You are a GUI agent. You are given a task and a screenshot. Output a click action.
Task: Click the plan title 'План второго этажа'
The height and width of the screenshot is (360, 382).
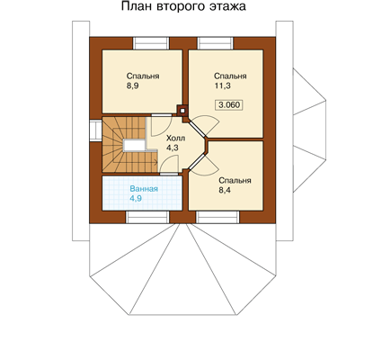point(183,7)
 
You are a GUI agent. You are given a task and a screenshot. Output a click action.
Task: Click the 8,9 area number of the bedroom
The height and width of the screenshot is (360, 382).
point(132,86)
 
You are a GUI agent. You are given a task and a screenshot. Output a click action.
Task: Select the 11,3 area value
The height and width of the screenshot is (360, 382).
point(222,86)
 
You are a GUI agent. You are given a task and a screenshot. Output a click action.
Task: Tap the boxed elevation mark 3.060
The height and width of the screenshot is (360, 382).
point(229,105)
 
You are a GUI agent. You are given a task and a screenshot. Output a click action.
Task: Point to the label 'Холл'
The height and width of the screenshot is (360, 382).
point(175,139)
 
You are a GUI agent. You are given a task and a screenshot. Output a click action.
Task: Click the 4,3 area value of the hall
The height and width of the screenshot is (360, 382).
point(173,148)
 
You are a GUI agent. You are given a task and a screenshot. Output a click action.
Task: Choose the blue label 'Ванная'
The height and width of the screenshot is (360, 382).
point(144,189)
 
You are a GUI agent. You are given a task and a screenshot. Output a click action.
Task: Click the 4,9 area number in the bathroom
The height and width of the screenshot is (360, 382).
point(136,198)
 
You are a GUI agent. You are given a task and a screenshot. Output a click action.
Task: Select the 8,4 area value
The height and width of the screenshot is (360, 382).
point(225,190)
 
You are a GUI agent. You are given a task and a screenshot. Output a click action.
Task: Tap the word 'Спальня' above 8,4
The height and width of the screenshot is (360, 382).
point(235,181)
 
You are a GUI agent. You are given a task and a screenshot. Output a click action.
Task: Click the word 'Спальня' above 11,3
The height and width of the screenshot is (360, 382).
point(230,76)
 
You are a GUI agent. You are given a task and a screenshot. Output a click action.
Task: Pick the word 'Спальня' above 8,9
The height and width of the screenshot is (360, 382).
point(143,76)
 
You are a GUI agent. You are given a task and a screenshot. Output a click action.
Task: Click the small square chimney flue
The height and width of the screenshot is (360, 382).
point(182,111)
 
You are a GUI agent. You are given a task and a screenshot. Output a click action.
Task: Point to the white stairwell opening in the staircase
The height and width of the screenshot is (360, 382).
point(134,146)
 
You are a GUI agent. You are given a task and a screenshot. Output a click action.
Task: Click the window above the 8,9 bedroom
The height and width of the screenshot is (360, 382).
point(151,43)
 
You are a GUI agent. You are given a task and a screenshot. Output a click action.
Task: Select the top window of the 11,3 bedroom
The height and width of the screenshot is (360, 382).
point(215,43)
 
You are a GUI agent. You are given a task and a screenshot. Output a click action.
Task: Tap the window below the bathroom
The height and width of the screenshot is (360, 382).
point(147,217)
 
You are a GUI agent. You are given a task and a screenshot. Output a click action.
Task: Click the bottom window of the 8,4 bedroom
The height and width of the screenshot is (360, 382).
point(218,217)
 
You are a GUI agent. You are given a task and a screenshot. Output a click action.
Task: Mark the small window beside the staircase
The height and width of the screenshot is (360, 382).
point(95,130)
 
